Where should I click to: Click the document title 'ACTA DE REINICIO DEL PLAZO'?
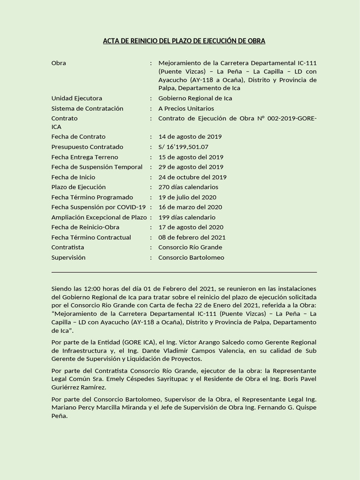(184, 41)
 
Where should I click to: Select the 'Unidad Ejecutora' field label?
(76, 98)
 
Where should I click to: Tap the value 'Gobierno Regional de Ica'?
(195, 98)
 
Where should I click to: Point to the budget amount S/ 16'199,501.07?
(183, 147)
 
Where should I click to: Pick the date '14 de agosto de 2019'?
(190, 137)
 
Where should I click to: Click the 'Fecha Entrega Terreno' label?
(84, 157)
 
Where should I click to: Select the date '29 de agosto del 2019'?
(191, 167)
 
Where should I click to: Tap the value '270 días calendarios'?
(188, 187)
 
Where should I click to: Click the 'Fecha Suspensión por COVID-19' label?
(98, 207)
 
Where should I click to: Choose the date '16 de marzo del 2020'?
(190, 207)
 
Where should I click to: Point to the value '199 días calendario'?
(187, 217)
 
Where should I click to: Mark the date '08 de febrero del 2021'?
(192, 237)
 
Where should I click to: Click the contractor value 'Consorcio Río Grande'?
(190, 247)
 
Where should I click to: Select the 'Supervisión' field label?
(68, 257)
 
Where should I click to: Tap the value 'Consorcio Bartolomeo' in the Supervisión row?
(191, 257)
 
